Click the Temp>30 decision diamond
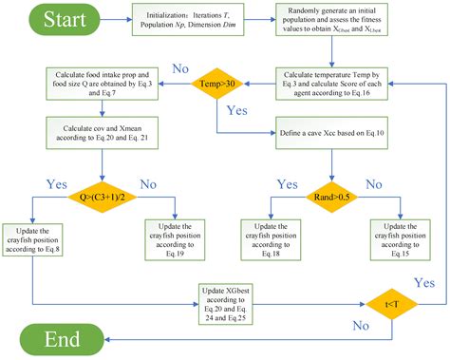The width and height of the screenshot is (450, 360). tap(219, 84)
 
